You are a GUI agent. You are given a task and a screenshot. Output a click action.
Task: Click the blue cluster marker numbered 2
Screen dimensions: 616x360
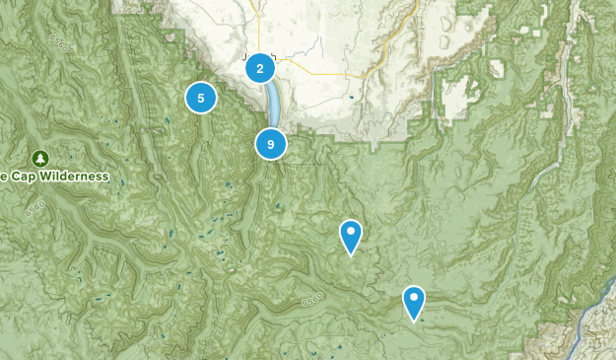tap(259, 68)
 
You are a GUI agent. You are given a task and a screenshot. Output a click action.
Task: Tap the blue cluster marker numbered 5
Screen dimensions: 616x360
tap(201, 98)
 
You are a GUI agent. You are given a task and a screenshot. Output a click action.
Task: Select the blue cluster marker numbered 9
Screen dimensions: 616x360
tap(270, 144)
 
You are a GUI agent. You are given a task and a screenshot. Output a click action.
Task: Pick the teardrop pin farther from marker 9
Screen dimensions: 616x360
tap(414, 302)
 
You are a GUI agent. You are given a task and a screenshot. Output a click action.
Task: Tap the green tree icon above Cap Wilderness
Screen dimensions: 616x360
tap(39, 158)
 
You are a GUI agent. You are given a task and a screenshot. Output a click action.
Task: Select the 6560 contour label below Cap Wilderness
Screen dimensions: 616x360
tap(36, 208)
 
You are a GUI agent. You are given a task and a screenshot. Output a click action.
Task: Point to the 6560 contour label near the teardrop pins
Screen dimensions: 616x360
tap(312, 297)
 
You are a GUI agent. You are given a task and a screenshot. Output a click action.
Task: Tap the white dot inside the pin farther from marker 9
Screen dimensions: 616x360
tap(414, 297)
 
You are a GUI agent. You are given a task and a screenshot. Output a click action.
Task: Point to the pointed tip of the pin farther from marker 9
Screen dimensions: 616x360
tap(415, 321)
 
